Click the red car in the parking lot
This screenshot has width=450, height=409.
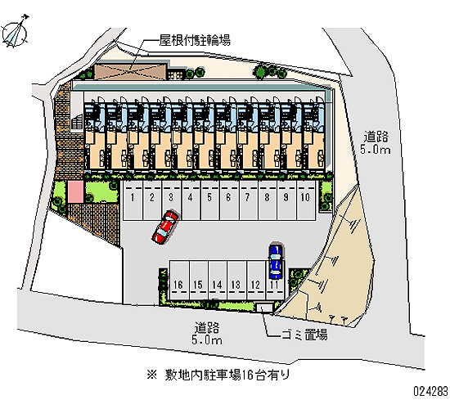click(x=165, y=227)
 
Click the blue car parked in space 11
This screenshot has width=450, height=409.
click(x=276, y=261)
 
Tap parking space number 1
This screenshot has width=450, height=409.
click(x=133, y=200)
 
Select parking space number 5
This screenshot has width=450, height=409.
click(x=209, y=200)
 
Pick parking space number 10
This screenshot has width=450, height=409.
click(x=306, y=200)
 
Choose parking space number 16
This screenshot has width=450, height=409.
click(x=179, y=280)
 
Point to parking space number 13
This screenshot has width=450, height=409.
click(x=236, y=280)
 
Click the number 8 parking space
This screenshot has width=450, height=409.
click(x=268, y=200)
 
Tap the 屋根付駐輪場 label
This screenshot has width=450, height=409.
click(x=195, y=40)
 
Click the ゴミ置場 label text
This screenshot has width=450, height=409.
click(x=304, y=335)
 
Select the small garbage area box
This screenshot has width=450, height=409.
click(x=264, y=308)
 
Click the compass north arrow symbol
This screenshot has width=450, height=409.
click(x=15, y=32)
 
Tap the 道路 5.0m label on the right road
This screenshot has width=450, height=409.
click(x=376, y=142)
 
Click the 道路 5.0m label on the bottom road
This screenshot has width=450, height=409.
click(x=207, y=334)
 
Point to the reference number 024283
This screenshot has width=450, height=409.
click(x=430, y=391)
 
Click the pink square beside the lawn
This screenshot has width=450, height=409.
click(x=75, y=191)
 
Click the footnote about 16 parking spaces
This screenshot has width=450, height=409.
click(x=218, y=375)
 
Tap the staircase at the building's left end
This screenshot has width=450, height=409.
click(x=77, y=121)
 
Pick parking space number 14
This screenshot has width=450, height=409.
click(x=218, y=280)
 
